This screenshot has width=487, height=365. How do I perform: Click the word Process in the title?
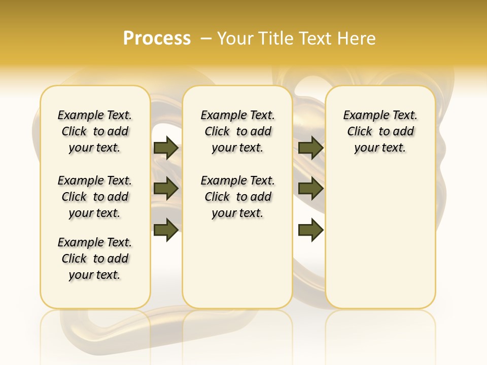[x=157, y=39]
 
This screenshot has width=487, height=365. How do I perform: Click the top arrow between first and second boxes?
[x=166, y=148]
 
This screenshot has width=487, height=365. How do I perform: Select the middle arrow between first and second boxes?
[x=166, y=189]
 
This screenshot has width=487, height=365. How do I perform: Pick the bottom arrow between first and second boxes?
[x=166, y=230]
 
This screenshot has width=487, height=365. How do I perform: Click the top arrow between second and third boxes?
[x=310, y=148]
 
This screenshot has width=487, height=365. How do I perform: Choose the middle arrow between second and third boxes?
[x=310, y=189]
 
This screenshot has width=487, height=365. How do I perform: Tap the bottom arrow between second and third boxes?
[x=310, y=230]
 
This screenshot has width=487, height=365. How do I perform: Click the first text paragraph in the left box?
[x=95, y=131]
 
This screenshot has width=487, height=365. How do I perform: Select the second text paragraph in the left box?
[x=95, y=197]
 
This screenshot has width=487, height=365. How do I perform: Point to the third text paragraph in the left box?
[x=95, y=259]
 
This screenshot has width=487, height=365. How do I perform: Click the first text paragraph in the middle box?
[x=237, y=131]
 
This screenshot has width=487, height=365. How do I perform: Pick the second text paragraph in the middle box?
[x=237, y=197]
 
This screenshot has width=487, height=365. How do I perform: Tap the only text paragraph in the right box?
[x=380, y=131]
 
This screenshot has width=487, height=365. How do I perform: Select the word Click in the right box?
[x=360, y=132]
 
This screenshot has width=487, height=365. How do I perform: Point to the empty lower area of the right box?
[x=380, y=238]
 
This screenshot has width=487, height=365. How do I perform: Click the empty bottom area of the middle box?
[x=237, y=269]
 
